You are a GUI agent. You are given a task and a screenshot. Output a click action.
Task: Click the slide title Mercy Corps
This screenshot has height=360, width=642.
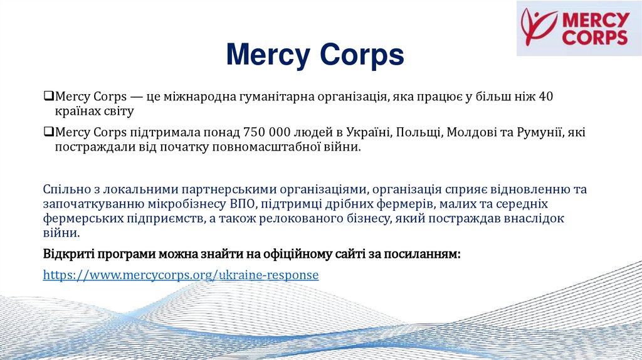[x=315, y=55]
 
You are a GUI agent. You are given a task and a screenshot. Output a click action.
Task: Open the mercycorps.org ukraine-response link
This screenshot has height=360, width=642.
[x=181, y=275]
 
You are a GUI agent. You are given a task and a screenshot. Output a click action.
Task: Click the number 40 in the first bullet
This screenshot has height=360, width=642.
[x=546, y=97]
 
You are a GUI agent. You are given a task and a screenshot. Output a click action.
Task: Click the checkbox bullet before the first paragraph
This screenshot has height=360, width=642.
[x=48, y=97]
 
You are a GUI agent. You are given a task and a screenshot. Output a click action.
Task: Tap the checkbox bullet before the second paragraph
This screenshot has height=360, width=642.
[x=48, y=133]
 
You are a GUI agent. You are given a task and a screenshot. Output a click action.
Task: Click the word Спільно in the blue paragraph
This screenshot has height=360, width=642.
[x=65, y=189]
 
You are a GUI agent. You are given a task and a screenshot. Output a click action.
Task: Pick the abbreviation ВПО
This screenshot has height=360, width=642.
[x=241, y=204]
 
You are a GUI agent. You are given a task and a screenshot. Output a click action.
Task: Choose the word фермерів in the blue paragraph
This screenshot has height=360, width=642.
[x=407, y=204]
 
